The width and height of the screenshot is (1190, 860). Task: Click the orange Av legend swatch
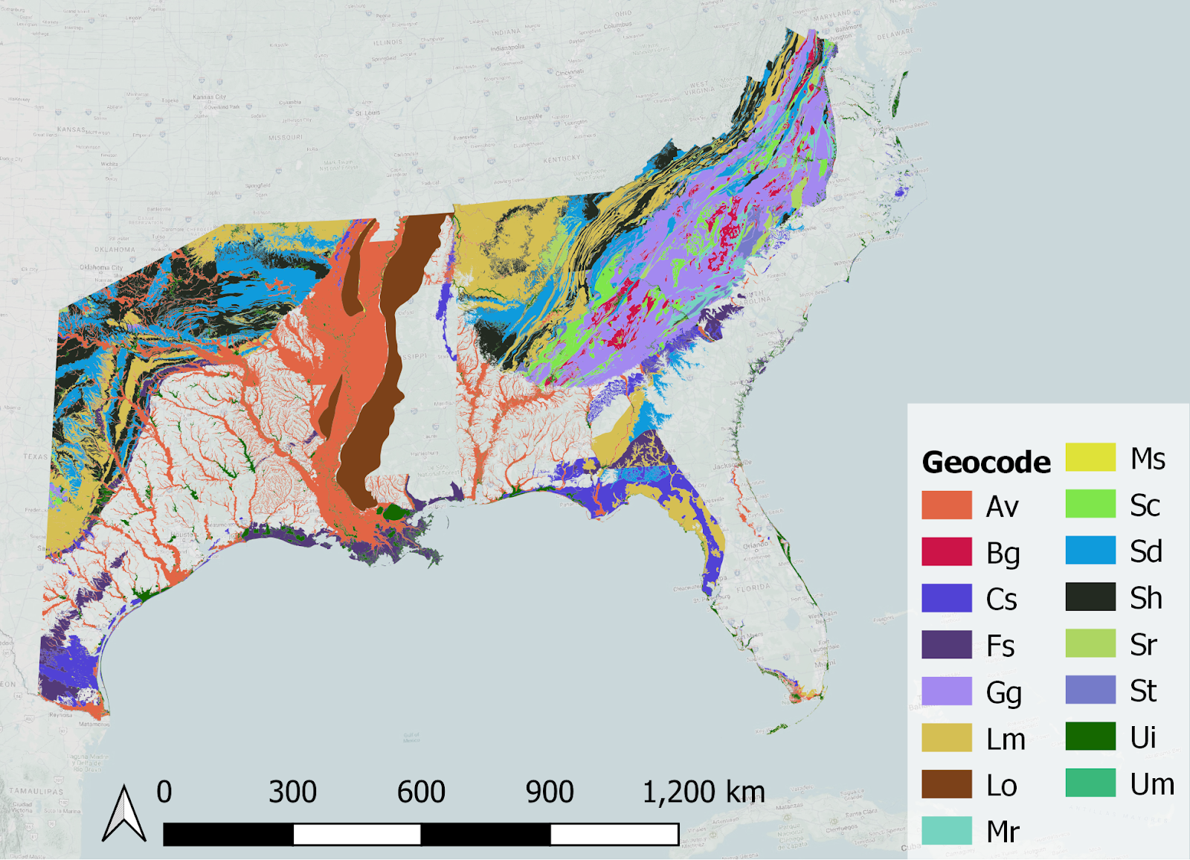click(946, 505)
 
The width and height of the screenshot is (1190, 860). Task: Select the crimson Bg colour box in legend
click(946, 552)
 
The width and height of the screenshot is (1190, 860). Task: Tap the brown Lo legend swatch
click(946, 784)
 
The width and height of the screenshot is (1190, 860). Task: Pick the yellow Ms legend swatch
click(1090, 458)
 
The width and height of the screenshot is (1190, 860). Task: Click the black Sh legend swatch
click(1090, 597)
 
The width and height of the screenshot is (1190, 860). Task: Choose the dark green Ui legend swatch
click(1090, 737)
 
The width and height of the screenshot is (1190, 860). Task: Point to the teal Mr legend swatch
click(946, 830)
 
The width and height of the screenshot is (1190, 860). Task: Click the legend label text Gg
click(1003, 693)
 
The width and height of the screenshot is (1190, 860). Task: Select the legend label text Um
click(1152, 784)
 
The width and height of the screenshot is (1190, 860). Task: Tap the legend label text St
click(1143, 691)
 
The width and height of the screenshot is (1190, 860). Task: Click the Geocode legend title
click(985, 462)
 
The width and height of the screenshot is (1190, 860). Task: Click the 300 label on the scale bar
click(292, 792)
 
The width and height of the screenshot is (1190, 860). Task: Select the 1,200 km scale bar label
click(703, 792)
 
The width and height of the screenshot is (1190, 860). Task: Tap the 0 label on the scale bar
click(164, 792)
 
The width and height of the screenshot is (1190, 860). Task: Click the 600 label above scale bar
click(421, 792)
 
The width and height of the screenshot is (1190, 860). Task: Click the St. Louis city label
click(367, 113)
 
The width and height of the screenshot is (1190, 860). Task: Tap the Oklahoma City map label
click(101, 267)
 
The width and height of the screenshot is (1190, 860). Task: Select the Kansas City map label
click(209, 97)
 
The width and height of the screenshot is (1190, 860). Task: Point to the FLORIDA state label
click(753, 588)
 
